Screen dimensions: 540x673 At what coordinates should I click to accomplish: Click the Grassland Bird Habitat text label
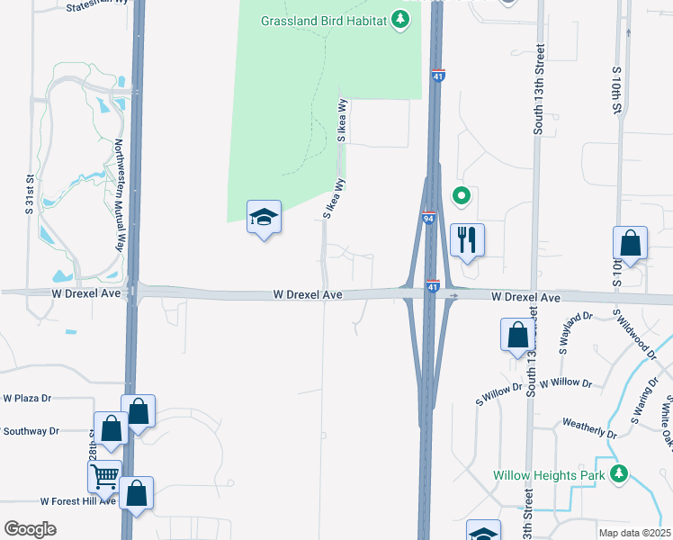323,21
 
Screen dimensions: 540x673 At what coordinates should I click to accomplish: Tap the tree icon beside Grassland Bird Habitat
402,21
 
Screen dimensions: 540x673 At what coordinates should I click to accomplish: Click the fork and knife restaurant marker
466,239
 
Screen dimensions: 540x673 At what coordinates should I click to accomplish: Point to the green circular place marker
461,195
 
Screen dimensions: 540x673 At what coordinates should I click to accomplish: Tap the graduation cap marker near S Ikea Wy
264,217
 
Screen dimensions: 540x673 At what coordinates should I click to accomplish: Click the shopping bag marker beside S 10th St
630,243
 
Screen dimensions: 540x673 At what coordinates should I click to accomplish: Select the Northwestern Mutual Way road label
118,195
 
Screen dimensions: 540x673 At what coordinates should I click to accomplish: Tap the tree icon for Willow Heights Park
618,473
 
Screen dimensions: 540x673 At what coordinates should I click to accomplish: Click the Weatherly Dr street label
589,427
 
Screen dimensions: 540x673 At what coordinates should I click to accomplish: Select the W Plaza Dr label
28,397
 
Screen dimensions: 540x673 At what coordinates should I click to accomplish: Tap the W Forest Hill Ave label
78,501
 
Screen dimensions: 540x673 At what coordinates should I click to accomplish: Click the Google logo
30,529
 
